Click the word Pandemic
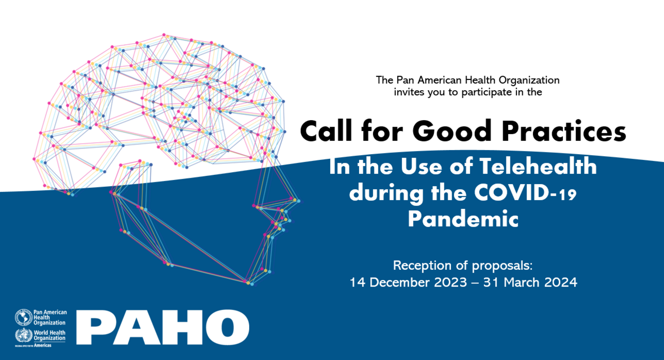[x=463, y=218]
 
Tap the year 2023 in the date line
[x=448, y=282]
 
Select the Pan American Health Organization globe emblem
[x=22, y=318]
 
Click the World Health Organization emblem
[x=22, y=335]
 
